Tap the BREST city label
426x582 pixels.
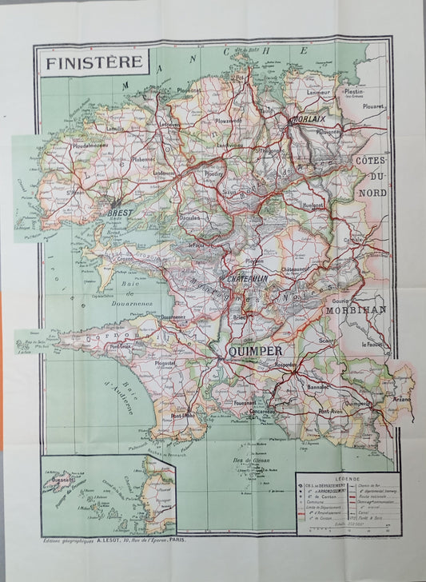[119, 213]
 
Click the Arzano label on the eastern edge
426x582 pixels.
[401, 398]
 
